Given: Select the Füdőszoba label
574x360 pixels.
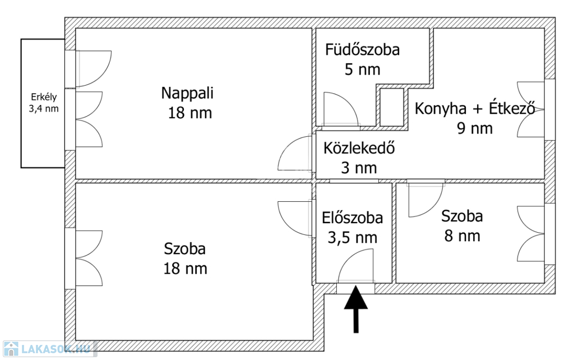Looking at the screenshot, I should pos(362,50).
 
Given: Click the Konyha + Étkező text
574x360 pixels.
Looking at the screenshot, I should pos(474,108).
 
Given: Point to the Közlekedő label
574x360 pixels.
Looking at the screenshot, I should pos(359,149).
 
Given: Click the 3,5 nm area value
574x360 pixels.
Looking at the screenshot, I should pos(353,238).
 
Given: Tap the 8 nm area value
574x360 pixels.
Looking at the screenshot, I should pos(462,236).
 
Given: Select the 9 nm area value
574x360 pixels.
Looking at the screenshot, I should pos(474,128).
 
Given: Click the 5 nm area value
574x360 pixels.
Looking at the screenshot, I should pos(362,70).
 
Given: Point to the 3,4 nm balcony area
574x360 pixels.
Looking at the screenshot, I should pos(43,109).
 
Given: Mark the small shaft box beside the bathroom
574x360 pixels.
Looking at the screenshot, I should pos(392,107).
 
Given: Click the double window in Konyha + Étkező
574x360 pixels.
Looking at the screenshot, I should pos(531,109).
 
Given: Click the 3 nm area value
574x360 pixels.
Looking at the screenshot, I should pos(359,168).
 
